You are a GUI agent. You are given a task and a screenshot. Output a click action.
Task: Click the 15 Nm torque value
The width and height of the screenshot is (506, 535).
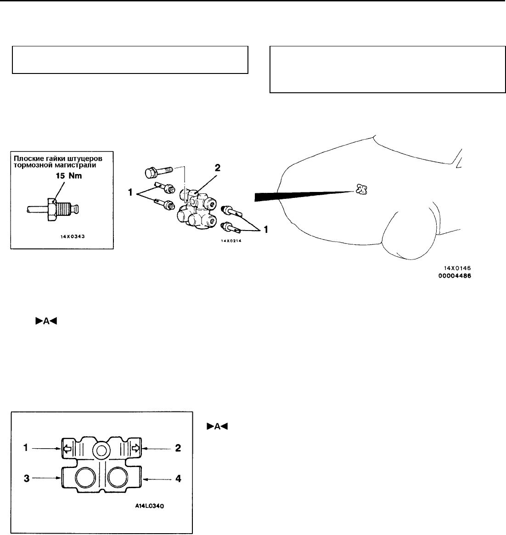69,176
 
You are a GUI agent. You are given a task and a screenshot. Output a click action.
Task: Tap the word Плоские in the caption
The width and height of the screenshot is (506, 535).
27,158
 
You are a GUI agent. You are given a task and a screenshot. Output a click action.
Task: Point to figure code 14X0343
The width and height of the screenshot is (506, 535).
73,237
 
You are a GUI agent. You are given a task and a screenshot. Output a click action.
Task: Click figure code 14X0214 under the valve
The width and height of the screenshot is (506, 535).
231,241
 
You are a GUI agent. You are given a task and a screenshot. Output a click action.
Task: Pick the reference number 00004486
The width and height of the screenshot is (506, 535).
455,276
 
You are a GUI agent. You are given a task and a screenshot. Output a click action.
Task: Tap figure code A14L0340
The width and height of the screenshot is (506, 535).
149,506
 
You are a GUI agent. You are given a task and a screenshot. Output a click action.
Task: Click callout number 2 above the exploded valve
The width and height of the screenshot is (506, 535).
217,168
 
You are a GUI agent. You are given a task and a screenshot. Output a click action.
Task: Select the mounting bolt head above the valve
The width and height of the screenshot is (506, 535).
151,173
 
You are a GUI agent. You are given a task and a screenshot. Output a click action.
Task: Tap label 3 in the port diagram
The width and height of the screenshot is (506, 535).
26,479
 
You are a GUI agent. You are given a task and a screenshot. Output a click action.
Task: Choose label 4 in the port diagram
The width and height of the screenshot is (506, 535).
178,479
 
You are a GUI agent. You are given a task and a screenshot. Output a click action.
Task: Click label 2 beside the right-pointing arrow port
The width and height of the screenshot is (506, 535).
178,448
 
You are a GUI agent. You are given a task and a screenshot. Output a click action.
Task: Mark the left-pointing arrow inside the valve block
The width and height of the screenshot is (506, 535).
67,448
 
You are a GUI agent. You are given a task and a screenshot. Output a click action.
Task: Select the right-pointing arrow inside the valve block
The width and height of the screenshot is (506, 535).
136,448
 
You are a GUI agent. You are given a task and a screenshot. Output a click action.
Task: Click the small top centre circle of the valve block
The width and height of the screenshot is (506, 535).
101,451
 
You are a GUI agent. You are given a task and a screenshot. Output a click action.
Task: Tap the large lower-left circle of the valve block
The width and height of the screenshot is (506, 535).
85,478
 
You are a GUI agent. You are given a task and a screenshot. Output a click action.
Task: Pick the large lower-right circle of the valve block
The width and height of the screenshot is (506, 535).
118,478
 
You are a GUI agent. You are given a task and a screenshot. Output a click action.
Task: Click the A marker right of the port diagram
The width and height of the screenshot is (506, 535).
217,427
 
